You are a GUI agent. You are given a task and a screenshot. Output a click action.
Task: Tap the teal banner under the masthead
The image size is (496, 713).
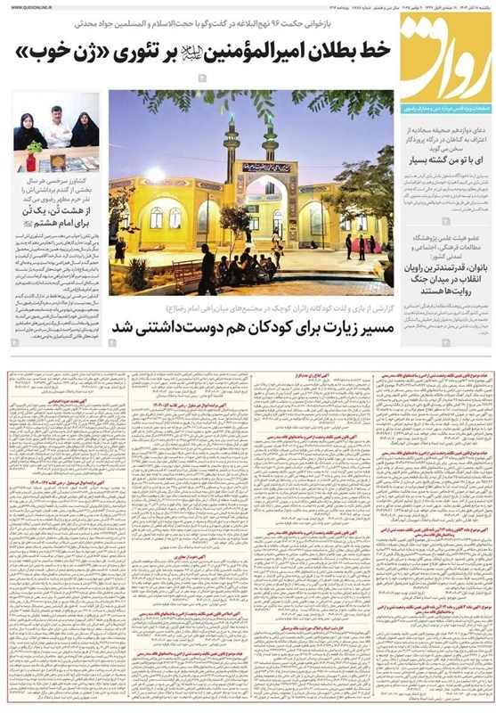(446, 104)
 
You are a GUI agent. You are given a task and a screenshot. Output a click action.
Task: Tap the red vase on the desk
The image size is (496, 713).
(33, 160)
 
